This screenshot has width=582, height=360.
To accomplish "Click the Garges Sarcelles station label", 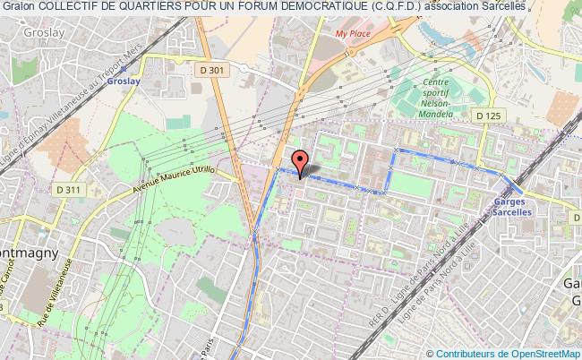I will tap(513, 207).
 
